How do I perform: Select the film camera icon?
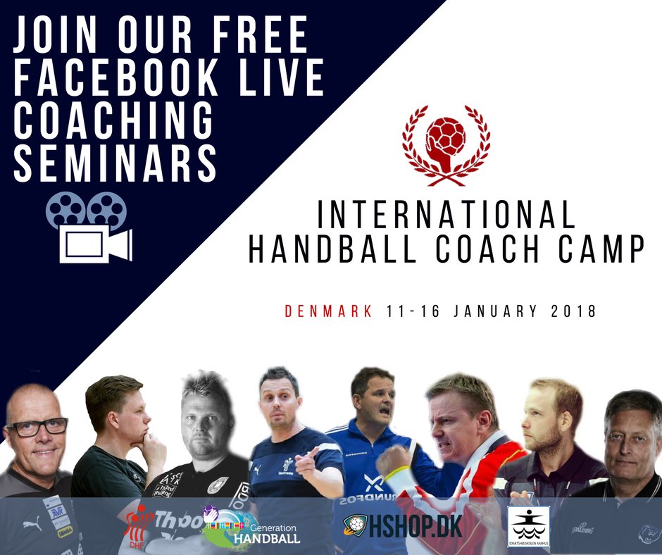click(89, 226)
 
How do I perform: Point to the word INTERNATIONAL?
click(446, 214)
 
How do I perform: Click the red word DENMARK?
click(328, 311)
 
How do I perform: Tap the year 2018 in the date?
click(571, 311)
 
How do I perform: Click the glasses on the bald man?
click(38, 427)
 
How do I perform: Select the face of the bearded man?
click(544, 423)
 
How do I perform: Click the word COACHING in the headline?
click(114, 119)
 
